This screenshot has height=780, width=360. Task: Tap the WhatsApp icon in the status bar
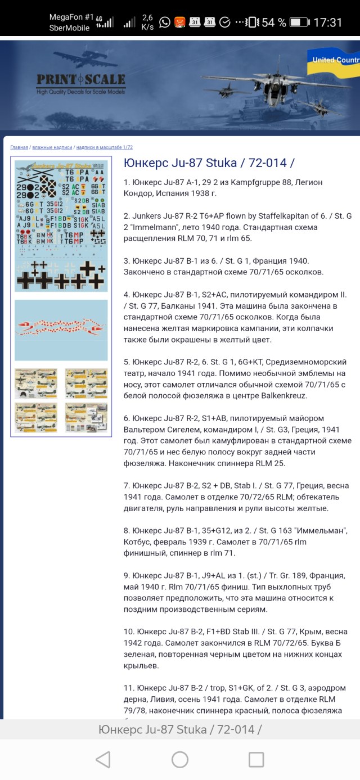click(165, 22)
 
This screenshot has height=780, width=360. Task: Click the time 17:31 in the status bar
click(327, 22)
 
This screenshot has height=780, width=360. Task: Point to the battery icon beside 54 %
click(299, 22)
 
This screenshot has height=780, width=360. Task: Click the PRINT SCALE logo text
click(81, 79)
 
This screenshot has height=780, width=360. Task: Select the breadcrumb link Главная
click(19, 147)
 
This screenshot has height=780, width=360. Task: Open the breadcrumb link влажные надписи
click(52, 147)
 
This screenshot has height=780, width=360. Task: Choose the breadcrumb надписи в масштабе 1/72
click(104, 147)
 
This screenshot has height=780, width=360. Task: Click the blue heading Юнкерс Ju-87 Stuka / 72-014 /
click(209, 163)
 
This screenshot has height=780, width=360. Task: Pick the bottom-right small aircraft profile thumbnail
click(86, 417)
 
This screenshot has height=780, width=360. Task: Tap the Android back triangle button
click(103, 760)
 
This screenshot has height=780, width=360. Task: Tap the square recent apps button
click(256, 760)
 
